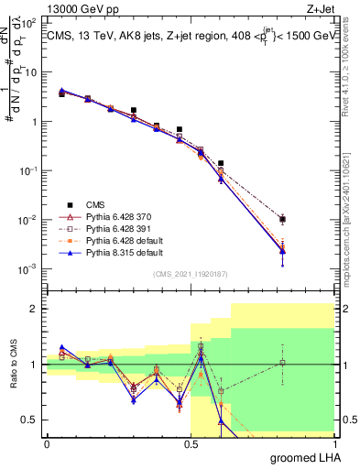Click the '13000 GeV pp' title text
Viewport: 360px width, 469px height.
point(81,10)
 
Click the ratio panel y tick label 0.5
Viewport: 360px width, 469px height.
point(30,420)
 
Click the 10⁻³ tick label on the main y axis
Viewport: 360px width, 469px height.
point(29,269)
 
